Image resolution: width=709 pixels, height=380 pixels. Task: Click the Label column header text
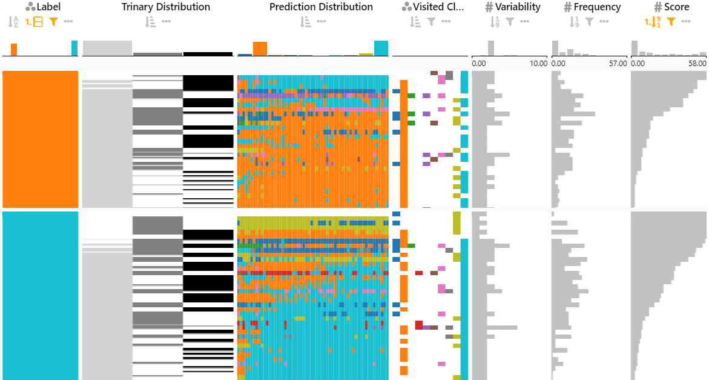[x=48, y=7]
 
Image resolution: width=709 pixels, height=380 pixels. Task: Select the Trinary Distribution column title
[x=165, y=7]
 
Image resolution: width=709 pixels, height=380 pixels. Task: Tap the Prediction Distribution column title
[x=321, y=7]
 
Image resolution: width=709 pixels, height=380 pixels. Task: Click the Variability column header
[x=518, y=7]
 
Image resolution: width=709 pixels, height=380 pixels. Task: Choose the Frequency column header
[x=598, y=7]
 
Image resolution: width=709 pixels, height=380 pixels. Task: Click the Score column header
[x=676, y=7]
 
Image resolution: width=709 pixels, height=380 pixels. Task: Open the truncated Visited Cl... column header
[x=438, y=7]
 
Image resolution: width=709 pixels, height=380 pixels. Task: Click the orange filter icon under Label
[x=53, y=22]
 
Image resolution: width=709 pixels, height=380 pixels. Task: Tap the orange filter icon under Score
[x=671, y=22]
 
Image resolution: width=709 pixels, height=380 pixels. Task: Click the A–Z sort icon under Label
[x=13, y=22]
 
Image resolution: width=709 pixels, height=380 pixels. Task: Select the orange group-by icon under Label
[x=35, y=22]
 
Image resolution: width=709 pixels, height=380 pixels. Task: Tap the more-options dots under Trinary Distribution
[x=166, y=22]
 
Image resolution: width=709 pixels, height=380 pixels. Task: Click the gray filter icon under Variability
[x=510, y=22]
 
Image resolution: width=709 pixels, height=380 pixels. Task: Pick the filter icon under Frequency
[x=589, y=22]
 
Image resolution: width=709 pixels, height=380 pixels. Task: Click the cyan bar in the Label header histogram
[x=74, y=48]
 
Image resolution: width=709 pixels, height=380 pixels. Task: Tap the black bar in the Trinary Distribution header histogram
[x=208, y=54]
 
